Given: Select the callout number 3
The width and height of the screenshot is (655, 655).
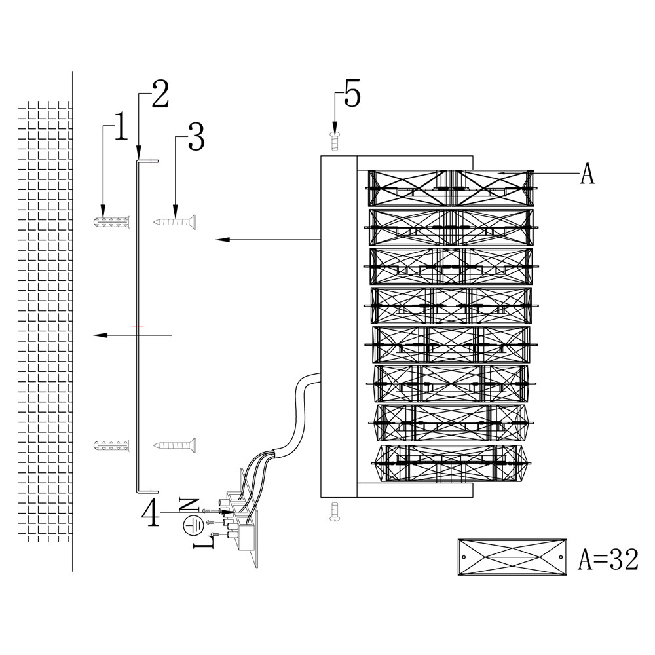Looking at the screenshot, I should pyautogui.click(x=195, y=137).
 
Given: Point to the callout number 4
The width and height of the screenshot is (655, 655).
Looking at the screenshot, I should pyautogui.click(x=151, y=513).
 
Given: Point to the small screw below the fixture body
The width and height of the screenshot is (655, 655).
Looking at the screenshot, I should pyautogui.click(x=334, y=510).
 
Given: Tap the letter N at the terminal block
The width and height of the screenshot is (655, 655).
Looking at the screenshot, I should pyautogui.click(x=189, y=504).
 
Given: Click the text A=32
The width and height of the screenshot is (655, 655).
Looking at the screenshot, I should pyautogui.click(x=608, y=559).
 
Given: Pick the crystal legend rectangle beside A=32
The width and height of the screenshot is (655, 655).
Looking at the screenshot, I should pyautogui.click(x=512, y=557).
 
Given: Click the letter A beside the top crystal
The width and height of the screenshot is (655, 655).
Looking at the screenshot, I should pyautogui.click(x=588, y=174).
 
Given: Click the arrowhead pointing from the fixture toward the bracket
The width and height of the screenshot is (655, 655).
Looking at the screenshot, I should pyautogui.click(x=221, y=240).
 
